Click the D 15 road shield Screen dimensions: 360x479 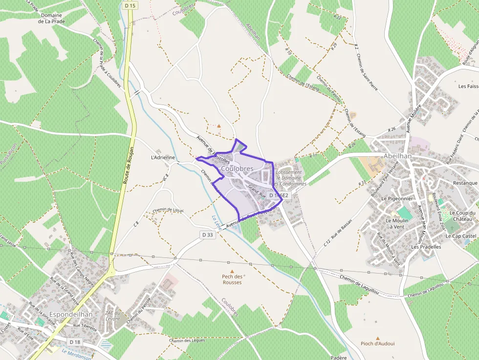(x=129, y=5)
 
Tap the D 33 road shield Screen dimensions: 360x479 (x=208, y=235)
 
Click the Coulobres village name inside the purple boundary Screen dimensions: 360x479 (x=237, y=169)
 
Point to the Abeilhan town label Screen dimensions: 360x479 (x=397, y=156)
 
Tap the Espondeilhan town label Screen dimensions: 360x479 (x=68, y=314)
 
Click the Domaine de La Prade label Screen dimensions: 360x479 (x=51, y=19)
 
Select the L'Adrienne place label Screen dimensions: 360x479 (x=163, y=157)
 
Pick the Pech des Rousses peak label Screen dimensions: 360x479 (x=232, y=279)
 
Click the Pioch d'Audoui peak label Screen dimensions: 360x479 (x=377, y=343)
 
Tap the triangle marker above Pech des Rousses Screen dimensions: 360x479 (x=232, y=271)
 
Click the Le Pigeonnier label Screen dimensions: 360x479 (x=397, y=199)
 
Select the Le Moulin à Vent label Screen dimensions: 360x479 (x=396, y=223)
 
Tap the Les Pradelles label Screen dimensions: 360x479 (x=426, y=247)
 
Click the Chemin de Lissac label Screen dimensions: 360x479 (x=168, y=210)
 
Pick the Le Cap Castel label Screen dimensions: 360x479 (x=461, y=236)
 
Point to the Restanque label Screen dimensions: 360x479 (x=465, y=183)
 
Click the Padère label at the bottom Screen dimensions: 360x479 (x=338, y=358)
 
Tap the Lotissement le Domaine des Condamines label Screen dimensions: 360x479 (x=291, y=178)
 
